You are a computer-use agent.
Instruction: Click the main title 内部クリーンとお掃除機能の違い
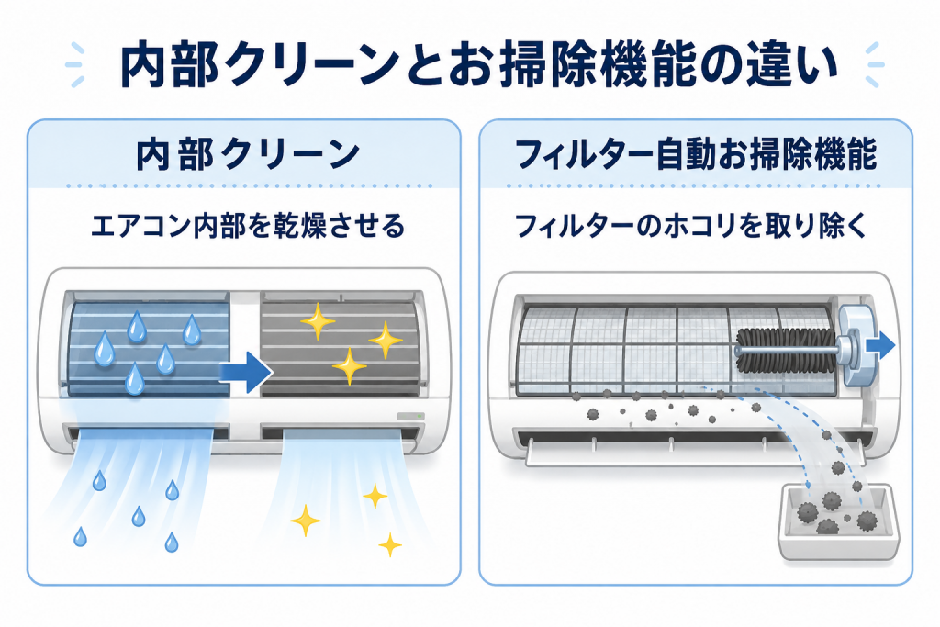pos(479,64)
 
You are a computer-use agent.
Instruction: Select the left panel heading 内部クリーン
pos(248,154)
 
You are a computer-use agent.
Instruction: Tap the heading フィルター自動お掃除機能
pos(696,154)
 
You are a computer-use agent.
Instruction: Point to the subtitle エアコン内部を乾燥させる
pos(248,227)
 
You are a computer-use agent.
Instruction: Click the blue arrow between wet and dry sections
pos(246,372)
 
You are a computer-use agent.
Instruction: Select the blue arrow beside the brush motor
pos(880,346)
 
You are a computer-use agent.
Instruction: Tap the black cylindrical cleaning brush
pos(786,350)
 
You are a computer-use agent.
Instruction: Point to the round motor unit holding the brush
pos(855,345)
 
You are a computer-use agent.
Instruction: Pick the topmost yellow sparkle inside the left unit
pos(318,321)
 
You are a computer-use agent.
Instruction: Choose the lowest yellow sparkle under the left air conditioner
pos(390,544)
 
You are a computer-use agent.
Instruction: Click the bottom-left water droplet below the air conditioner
pos(80,536)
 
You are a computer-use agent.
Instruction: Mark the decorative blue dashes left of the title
pos(75,65)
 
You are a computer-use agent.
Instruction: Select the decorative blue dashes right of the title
pos(875,65)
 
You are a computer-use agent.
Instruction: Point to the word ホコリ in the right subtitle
pos(699,227)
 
